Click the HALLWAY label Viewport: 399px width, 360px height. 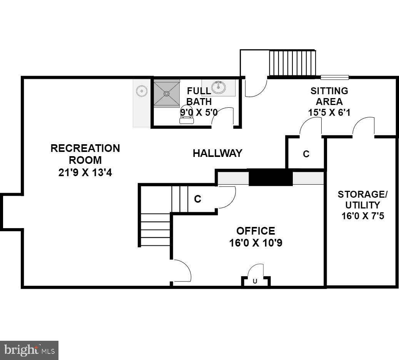pos(217,153)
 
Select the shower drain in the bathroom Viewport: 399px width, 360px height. pos(167,93)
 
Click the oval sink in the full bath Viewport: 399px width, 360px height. pos(219,87)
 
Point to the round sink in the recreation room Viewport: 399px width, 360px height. pos(142,91)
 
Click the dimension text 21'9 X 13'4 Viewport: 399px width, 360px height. pos(85,172)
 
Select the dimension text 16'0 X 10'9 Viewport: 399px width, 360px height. pos(256,243)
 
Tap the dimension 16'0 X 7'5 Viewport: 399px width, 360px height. pos(363,216)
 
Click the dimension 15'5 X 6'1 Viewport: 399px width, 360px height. pos(329,113)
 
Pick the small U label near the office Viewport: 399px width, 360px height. pos(255,282)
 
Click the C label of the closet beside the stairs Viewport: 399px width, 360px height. pos(197,199)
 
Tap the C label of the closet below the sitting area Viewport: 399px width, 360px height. pos(306,154)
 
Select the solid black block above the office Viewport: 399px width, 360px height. pos(270,178)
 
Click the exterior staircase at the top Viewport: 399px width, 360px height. pos(292,63)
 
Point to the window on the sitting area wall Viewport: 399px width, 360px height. pos(335,77)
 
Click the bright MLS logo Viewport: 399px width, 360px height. pos(29,350)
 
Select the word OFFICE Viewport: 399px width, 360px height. pos(255,231)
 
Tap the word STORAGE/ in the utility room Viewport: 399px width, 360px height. pos(362,194)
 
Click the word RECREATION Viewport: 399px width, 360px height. pos(85,148)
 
